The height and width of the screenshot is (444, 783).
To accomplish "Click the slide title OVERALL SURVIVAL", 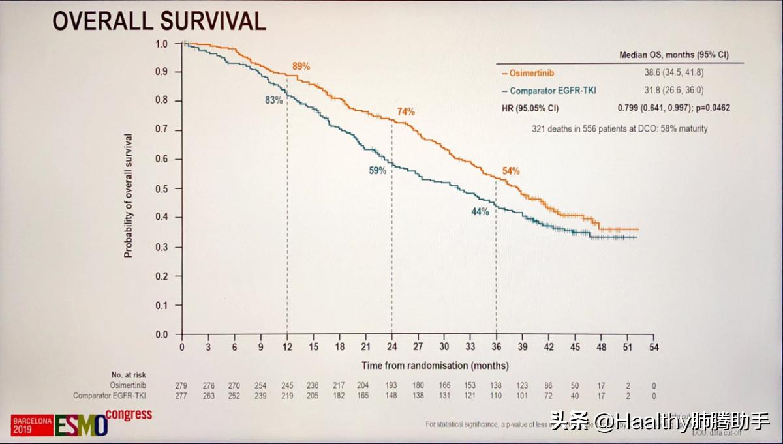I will (x=159, y=22).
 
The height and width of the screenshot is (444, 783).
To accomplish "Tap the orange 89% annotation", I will (x=301, y=67).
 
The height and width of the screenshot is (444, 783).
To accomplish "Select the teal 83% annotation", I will (x=273, y=100).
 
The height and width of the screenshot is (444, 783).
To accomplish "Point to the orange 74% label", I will (x=406, y=111).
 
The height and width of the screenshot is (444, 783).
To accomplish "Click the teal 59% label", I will (x=378, y=170).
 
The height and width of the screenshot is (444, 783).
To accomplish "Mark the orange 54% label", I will (x=511, y=171).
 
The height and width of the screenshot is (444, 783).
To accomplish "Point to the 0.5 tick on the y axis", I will (x=162, y=188).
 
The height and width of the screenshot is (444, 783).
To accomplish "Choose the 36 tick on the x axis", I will (x=496, y=347).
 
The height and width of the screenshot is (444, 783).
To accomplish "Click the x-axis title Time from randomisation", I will (x=435, y=366).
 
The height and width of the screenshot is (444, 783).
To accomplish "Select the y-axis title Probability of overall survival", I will (x=129, y=196).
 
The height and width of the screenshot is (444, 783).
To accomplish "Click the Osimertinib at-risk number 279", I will (x=182, y=386).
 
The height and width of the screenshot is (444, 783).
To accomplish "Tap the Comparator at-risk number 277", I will (x=182, y=396).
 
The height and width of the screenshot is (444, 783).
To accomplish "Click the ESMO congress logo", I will (x=82, y=423).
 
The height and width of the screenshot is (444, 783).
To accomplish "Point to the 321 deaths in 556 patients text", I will (x=619, y=129).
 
